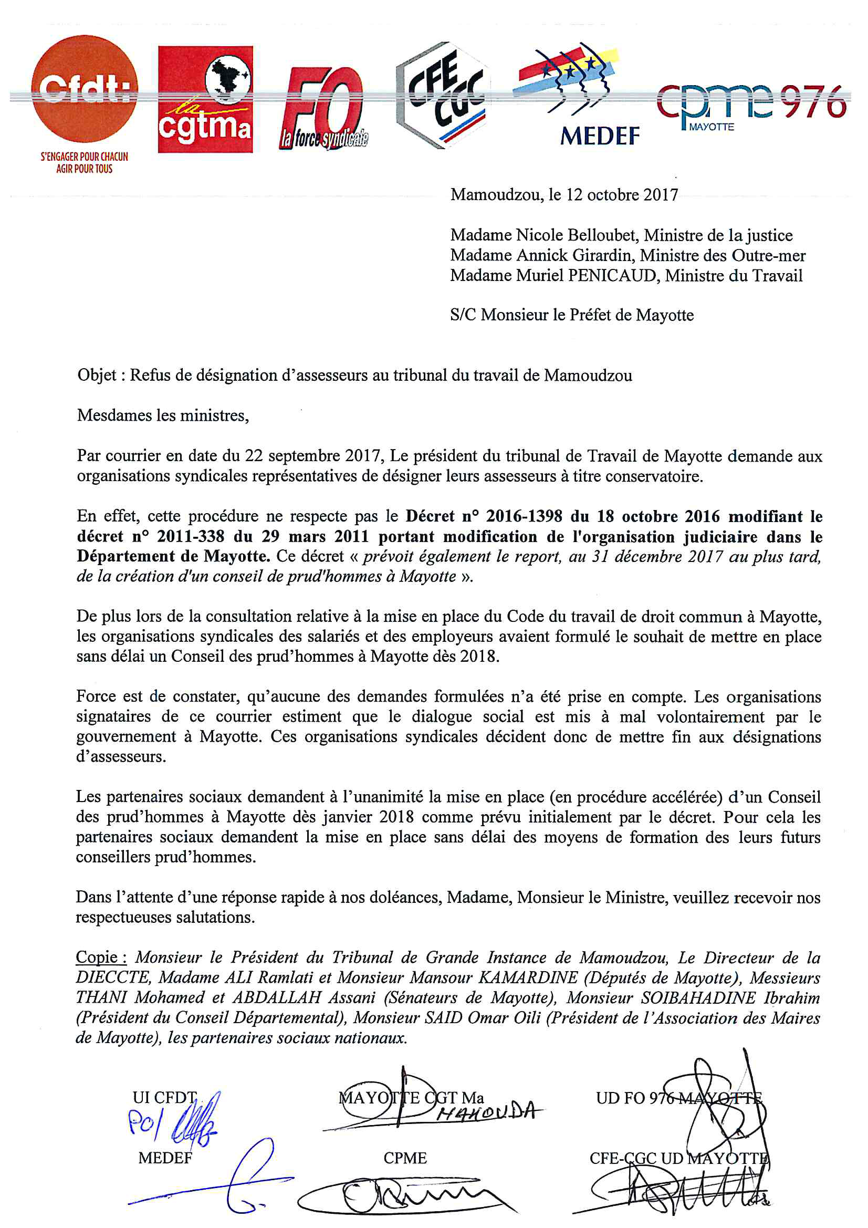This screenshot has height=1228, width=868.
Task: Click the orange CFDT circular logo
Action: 84,89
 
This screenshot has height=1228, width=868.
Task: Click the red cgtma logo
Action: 205,99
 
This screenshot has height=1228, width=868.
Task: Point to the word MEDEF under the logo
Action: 600,137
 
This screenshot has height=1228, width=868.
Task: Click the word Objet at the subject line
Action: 97,375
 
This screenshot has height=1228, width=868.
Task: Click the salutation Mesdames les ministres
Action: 163,415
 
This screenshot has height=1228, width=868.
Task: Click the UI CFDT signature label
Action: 165,1098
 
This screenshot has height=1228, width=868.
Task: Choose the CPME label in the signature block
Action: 405,1158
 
